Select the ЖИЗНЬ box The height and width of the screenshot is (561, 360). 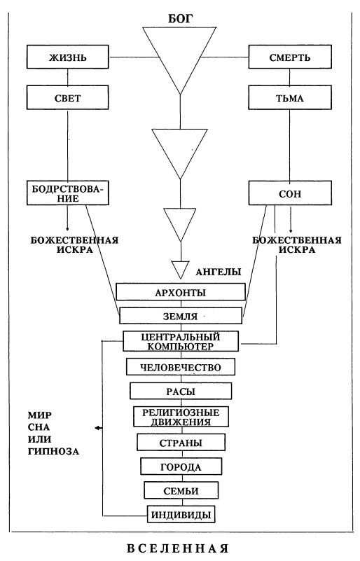click(68, 56)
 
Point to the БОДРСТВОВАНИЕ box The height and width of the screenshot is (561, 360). click(68, 193)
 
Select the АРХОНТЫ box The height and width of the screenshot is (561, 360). click(180, 292)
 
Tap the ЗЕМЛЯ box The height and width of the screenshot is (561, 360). click(180, 315)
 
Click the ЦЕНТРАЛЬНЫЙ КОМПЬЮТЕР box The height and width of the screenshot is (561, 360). click(181, 340)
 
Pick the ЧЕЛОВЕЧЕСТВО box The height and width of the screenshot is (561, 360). click(181, 366)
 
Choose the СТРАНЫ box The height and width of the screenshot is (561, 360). click(181, 443)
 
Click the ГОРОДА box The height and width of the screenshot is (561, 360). click(181, 466)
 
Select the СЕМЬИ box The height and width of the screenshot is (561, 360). click(181, 490)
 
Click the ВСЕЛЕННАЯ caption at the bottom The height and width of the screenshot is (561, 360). click(180, 547)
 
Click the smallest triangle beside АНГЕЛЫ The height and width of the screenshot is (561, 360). click(180, 268)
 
